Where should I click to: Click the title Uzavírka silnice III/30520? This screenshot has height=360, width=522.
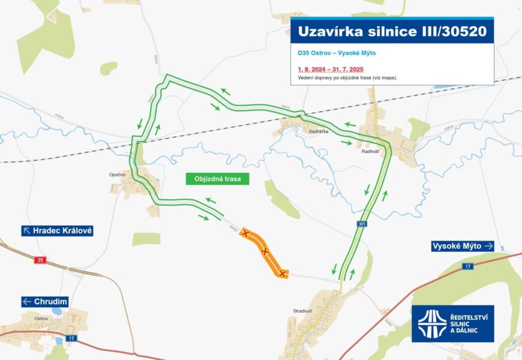(x=392, y=31)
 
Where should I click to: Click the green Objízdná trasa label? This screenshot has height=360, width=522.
(x=217, y=179)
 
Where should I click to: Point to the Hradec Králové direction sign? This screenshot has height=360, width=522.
(x=58, y=230)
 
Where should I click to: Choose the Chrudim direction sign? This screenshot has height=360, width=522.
(x=45, y=301)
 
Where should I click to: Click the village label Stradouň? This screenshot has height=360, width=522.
(x=302, y=311)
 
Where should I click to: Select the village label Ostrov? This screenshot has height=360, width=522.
(x=41, y=318)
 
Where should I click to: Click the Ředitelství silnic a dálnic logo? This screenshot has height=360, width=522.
(x=452, y=323)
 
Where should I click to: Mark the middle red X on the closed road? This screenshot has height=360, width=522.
(x=265, y=252)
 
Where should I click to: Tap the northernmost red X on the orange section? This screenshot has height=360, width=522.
(x=245, y=233)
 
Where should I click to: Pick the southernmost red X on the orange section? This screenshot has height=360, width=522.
(x=282, y=274)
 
